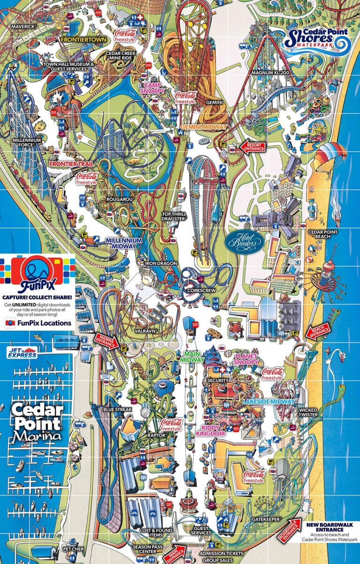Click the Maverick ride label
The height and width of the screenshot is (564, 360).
(x=23, y=27)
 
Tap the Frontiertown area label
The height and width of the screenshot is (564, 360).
(x=78, y=40)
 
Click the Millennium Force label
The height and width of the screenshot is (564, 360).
(x=27, y=143)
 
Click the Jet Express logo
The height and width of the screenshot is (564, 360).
(x=22, y=353)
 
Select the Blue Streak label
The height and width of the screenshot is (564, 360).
(x=117, y=409)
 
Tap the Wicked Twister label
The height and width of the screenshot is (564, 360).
(x=308, y=412)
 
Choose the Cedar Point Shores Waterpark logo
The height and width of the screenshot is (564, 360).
(x=317, y=42)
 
